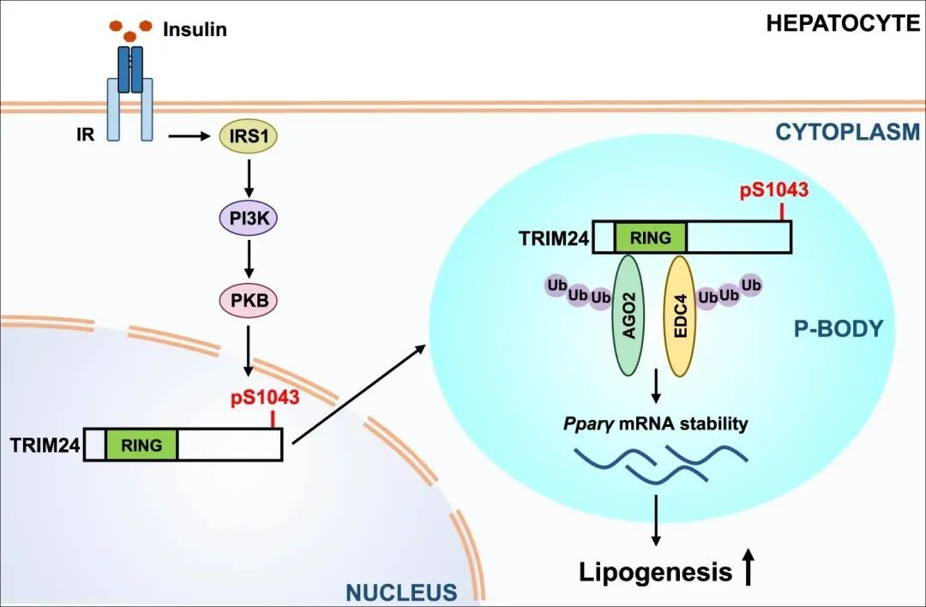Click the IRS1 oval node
click(248, 136)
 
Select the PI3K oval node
click(248, 219)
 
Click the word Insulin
click(195, 31)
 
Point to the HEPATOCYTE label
click(844, 22)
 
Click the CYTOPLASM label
click(847, 132)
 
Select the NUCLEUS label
click(400, 592)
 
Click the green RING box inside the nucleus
click(141, 444)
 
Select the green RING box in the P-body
click(651, 236)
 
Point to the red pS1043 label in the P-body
click(773, 189)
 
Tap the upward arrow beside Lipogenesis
click(749, 567)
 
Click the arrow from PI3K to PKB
click(248, 260)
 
